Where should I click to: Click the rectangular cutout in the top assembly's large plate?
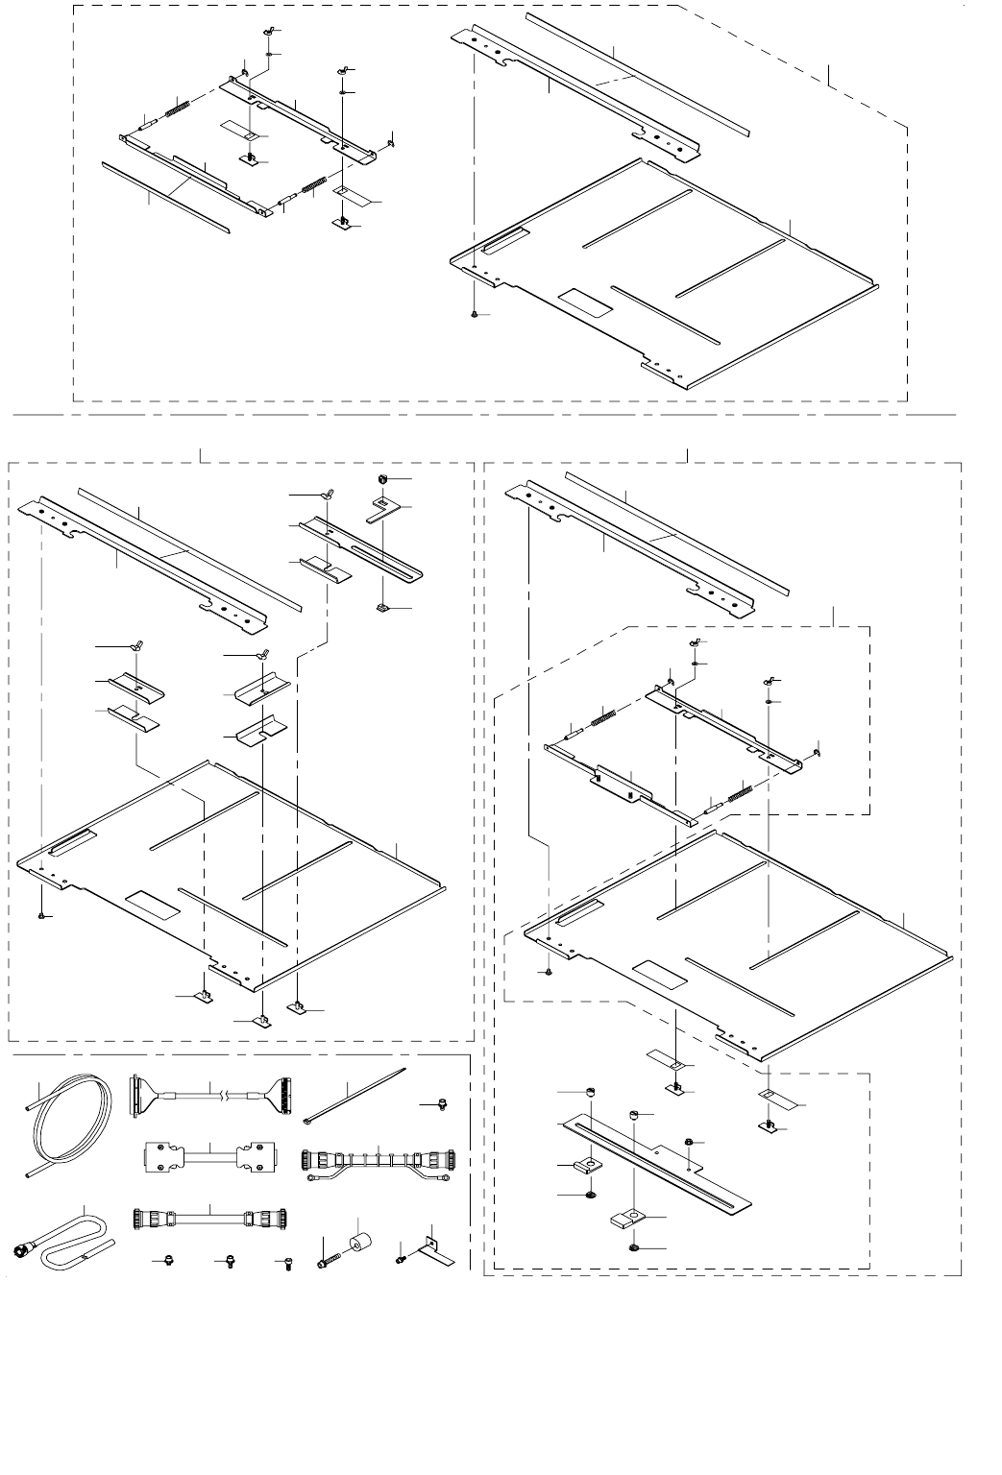[x=585, y=303]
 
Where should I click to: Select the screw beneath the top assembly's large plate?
[x=476, y=314]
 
